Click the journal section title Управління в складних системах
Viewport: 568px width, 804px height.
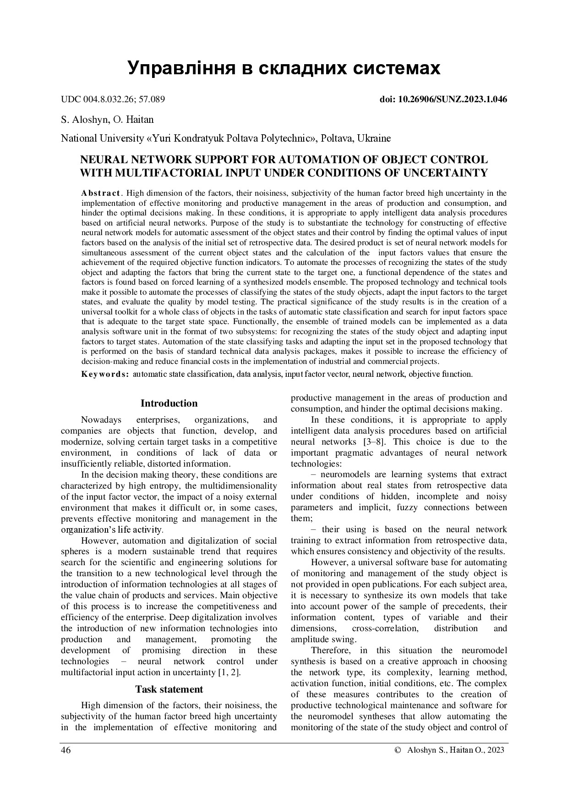point(284,68)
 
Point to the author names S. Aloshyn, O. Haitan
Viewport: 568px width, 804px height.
point(107,120)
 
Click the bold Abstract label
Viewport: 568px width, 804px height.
point(101,193)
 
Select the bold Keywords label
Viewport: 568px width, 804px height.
point(105,374)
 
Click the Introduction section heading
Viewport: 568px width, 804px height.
point(169,403)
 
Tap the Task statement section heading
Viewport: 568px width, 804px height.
point(169,689)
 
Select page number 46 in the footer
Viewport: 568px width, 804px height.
point(66,750)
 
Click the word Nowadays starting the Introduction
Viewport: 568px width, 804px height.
point(101,420)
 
